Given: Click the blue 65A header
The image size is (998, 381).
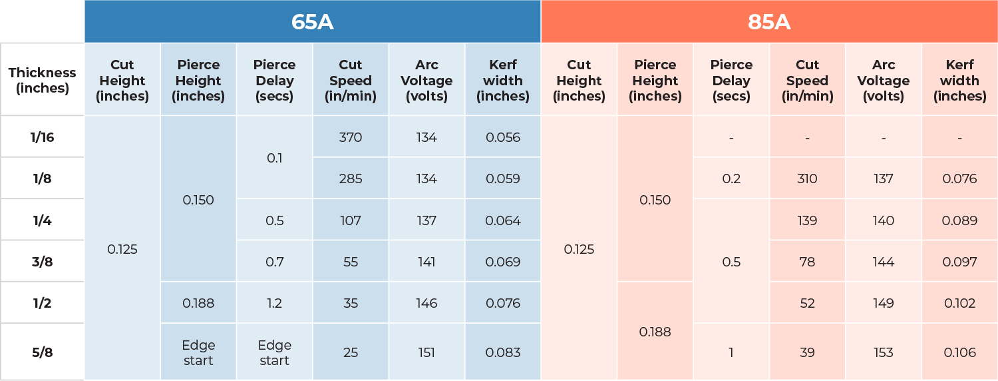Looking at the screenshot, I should tap(312, 22).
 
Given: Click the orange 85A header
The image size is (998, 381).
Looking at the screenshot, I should tap(768, 22).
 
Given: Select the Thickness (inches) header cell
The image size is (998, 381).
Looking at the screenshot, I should tap(42, 80).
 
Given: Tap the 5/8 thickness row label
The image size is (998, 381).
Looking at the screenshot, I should tap(42, 352).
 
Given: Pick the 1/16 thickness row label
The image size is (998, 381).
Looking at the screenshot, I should tap(42, 137).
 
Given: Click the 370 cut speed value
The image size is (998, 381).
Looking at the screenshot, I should tap(350, 137).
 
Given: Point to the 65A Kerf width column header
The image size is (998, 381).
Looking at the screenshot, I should tap(502, 80).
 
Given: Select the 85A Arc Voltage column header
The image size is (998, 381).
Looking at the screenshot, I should tap(883, 80).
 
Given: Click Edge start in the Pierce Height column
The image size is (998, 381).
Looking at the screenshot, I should tap(198, 352).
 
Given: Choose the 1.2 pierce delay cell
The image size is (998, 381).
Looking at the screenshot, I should tap(274, 303).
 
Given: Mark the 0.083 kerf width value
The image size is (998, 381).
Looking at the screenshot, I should tap(502, 352).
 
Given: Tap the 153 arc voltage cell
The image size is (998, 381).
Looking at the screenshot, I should tap(883, 352).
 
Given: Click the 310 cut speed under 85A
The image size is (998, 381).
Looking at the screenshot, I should tap(807, 179).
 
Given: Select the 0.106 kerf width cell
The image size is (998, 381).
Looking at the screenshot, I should tap(959, 352).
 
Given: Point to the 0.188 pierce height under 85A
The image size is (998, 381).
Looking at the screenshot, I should tap(655, 332).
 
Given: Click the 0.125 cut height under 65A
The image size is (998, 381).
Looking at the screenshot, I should tap(122, 249).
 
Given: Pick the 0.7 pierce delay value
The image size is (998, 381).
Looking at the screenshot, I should tap(274, 262).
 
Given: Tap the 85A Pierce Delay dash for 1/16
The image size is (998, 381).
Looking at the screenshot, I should tap(731, 138).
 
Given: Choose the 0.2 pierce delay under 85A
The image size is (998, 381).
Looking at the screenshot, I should tap(731, 179).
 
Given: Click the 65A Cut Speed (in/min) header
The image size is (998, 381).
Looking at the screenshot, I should tap(350, 80).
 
